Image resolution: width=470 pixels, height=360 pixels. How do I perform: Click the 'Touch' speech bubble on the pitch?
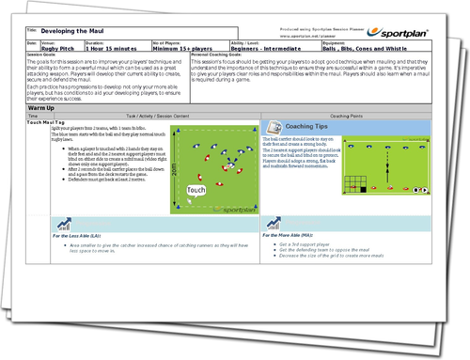196,192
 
